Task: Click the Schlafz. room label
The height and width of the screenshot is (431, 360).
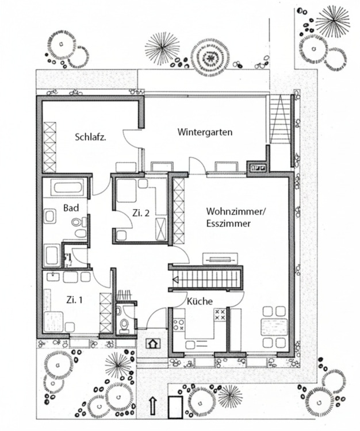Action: coord(93,137)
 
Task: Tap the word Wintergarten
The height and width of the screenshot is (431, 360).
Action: coord(205,132)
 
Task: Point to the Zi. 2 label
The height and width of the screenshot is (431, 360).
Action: coord(141,213)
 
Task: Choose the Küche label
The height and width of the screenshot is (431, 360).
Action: coord(200,301)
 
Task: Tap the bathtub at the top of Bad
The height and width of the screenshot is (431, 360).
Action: coord(68,187)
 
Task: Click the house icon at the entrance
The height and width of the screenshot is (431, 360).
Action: coord(152,344)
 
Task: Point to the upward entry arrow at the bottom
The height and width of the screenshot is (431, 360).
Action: coord(154,405)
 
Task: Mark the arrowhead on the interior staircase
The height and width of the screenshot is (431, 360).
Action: coord(176,280)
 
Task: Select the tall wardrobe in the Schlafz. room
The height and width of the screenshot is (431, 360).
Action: coord(50,146)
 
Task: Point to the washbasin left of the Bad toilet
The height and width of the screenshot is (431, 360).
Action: coord(50,217)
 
